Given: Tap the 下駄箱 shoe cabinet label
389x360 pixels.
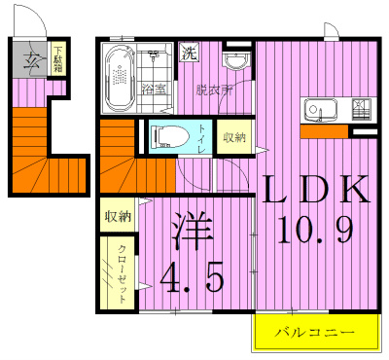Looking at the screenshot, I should point(57,59).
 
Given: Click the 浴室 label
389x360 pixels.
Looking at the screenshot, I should point(155,90).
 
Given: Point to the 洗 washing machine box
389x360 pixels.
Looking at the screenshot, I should point(189,54).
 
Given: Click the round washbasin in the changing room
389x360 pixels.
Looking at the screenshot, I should point(234,62).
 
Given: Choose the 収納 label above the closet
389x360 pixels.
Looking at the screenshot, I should point(118,216).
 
